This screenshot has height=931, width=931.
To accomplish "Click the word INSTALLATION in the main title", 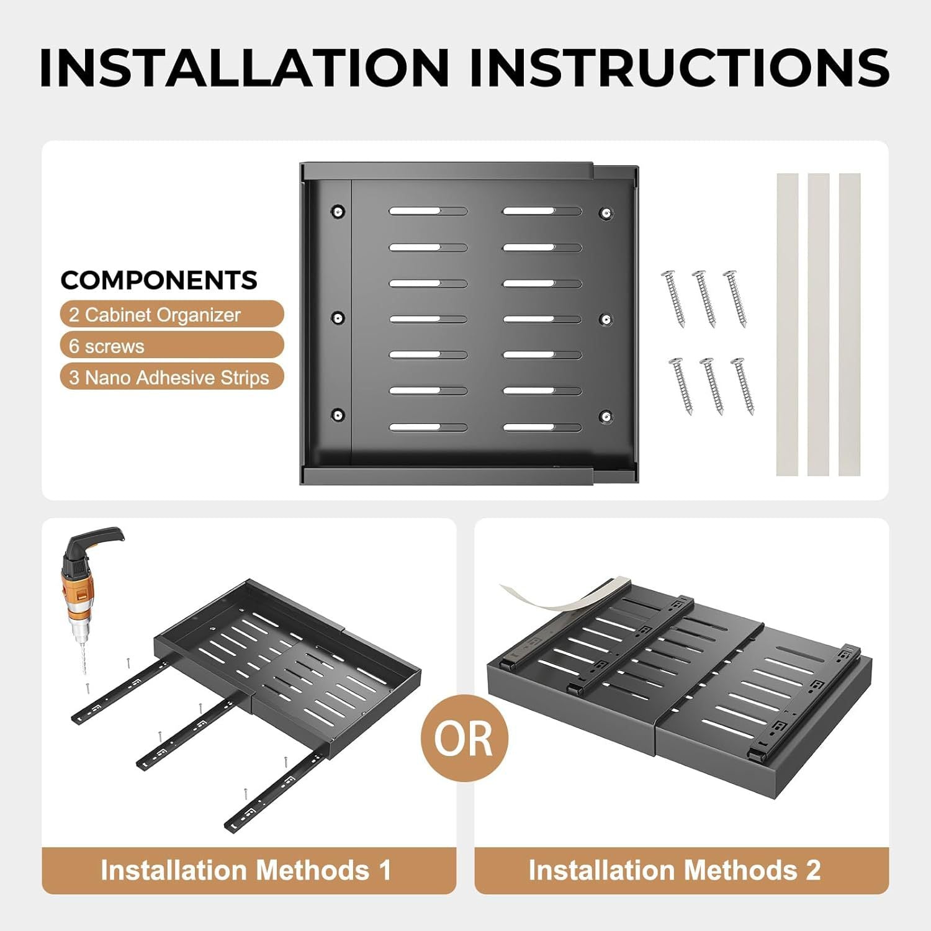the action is pos(245,66).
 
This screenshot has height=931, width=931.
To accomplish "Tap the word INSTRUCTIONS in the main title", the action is pos(680,66).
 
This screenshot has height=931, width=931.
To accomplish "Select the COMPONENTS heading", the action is pos(159,281).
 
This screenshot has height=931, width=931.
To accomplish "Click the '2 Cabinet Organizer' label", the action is pos(172,314).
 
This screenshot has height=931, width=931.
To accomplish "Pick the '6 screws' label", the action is pos(172,345).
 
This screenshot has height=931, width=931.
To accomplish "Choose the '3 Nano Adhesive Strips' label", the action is pos(172,377).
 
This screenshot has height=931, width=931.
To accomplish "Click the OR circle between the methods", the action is pos(464,738).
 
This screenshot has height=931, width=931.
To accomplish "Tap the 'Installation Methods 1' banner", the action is pos(249,870).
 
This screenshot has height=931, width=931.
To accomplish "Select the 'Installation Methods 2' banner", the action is pos(681,870).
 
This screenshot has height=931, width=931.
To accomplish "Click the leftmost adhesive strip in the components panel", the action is pos(787,325).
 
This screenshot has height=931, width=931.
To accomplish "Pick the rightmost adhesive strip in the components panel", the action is pos(850,325).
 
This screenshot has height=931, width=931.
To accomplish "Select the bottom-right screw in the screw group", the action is pos(742,385).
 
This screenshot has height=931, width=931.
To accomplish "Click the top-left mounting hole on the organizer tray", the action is pos(338,212).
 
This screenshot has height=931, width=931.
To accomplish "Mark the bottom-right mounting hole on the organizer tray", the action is pos(606,416).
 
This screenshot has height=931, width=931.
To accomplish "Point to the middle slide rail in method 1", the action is pos(187,732).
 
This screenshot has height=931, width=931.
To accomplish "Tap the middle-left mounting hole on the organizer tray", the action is pos(338,318).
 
